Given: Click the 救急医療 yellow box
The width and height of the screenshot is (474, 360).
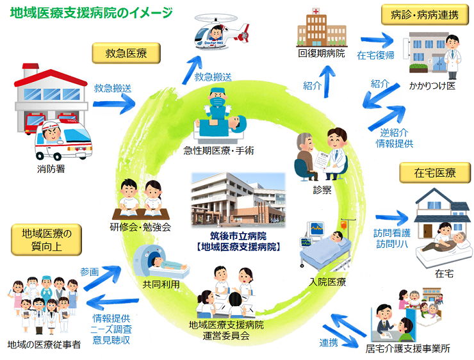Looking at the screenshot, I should (x=126, y=53).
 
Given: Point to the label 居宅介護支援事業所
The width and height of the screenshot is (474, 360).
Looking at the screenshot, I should (x=407, y=349).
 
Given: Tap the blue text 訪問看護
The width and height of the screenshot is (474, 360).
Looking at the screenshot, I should (x=391, y=233).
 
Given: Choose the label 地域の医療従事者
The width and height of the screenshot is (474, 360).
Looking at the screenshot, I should (x=44, y=345).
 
